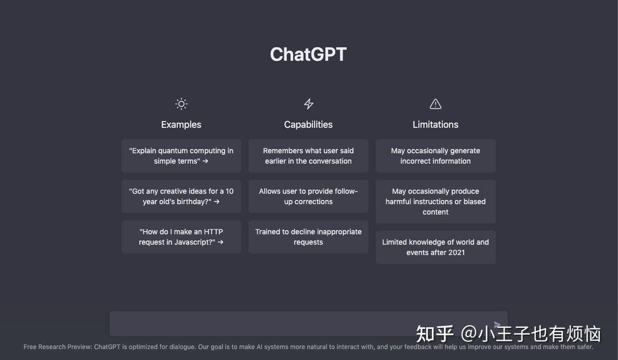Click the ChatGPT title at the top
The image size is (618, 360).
[x=308, y=55]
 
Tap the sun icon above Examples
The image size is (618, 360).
[x=181, y=104]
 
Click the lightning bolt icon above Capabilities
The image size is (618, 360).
[x=309, y=104]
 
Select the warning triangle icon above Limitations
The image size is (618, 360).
[x=436, y=104]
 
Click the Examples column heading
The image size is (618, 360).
[x=181, y=125]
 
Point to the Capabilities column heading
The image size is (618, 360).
[x=308, y=125]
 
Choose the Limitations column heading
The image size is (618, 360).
[x=436, y=125]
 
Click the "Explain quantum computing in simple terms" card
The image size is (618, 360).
[x=181, y=155]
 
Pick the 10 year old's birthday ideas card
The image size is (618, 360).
[x=181, y=196]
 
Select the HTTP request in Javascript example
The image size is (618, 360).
[x=181, y=237]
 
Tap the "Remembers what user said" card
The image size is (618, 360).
[x=308, y=155]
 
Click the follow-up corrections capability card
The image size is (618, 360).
[x=308, y=196]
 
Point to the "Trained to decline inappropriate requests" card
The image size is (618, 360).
[x=308, y=237]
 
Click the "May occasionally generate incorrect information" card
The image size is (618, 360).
[x=436, y=155]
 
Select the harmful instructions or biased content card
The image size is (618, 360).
[x=436, y=201]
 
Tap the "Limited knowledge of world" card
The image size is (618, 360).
[x=436, y=247]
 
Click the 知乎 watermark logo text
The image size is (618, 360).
[x=435, y=334]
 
